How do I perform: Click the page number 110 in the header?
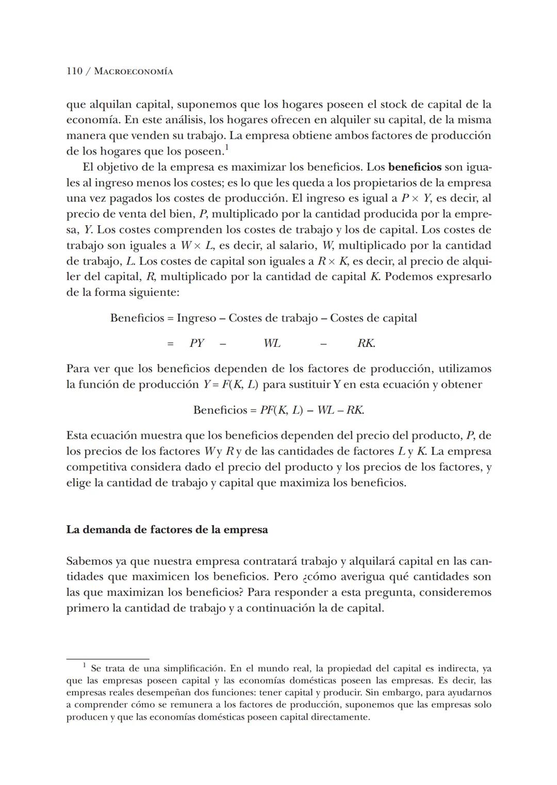point(74,71)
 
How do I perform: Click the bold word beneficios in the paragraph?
point(415,167)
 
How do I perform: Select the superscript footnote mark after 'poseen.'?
point(227,148)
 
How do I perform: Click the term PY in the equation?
point(196,343)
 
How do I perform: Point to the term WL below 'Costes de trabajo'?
point(272,343)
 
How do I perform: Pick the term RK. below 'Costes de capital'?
point(366,343)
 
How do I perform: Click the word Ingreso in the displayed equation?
point(196,318)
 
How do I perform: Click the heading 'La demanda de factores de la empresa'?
point(167,530)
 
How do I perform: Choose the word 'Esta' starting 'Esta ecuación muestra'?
point(77,436)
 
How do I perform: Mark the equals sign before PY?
point(170,344)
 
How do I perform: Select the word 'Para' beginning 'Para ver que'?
point(78,369)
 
